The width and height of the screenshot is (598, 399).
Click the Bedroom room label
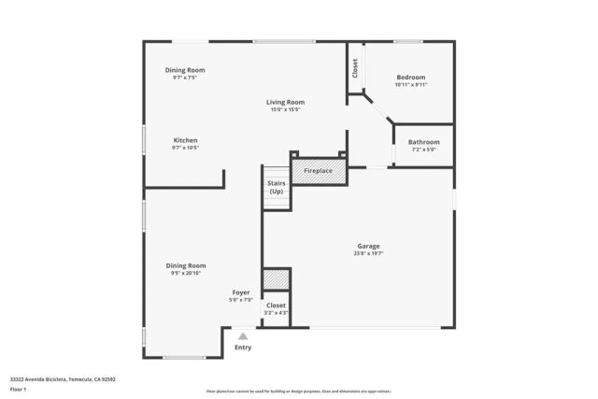point(411,77)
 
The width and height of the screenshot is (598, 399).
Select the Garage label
point(368,246)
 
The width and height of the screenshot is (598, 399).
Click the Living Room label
point(286,102)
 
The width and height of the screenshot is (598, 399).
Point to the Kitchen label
point(185,140)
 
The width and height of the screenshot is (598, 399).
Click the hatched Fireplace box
point(320,172)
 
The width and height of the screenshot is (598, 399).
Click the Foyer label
point(241,292)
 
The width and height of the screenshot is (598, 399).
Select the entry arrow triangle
point(243,335)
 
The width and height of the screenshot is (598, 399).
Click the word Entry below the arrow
point(243,348)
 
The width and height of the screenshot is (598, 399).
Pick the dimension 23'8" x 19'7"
point(368,253)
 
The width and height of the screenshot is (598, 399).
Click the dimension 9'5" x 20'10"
point(185,273)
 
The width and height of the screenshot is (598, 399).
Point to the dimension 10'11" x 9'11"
point(411,84)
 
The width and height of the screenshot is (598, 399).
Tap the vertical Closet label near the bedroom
point(355,67)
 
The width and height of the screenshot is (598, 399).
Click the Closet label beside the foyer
point(277,305)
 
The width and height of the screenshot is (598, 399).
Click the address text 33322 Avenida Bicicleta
point(51,378)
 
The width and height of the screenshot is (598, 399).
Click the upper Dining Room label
point(185,70)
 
